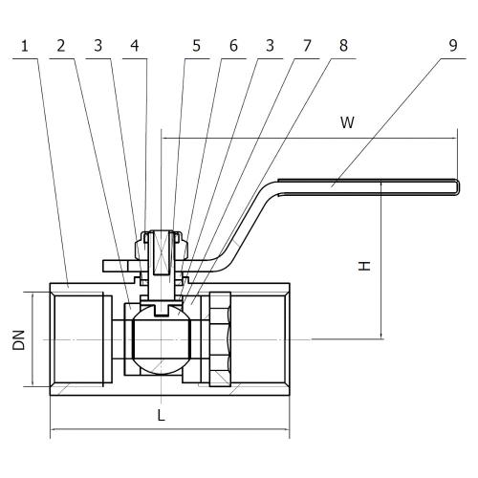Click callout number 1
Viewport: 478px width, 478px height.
pyautogui.click(x=25, y=46)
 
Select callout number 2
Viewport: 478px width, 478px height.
pyautogui.click(x=61, y=46)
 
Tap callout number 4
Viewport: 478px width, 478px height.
pyautogui.click(x=135, y=46)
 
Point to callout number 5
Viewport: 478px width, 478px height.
pyautogui.click(x=197, y=46)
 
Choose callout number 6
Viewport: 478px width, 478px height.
pyautogui.click(x=233, y=46)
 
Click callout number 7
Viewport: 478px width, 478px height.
pyautogui.click(x=307, y=46)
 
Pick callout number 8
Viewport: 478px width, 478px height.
pyautogui.click(x=343, y=46)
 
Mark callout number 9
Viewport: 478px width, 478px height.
pyautogui.click(x=453, y=46)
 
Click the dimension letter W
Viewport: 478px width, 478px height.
pyautogui.click(x=347, y=122)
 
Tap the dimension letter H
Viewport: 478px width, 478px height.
pyautogui.click(x=364, y=266)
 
